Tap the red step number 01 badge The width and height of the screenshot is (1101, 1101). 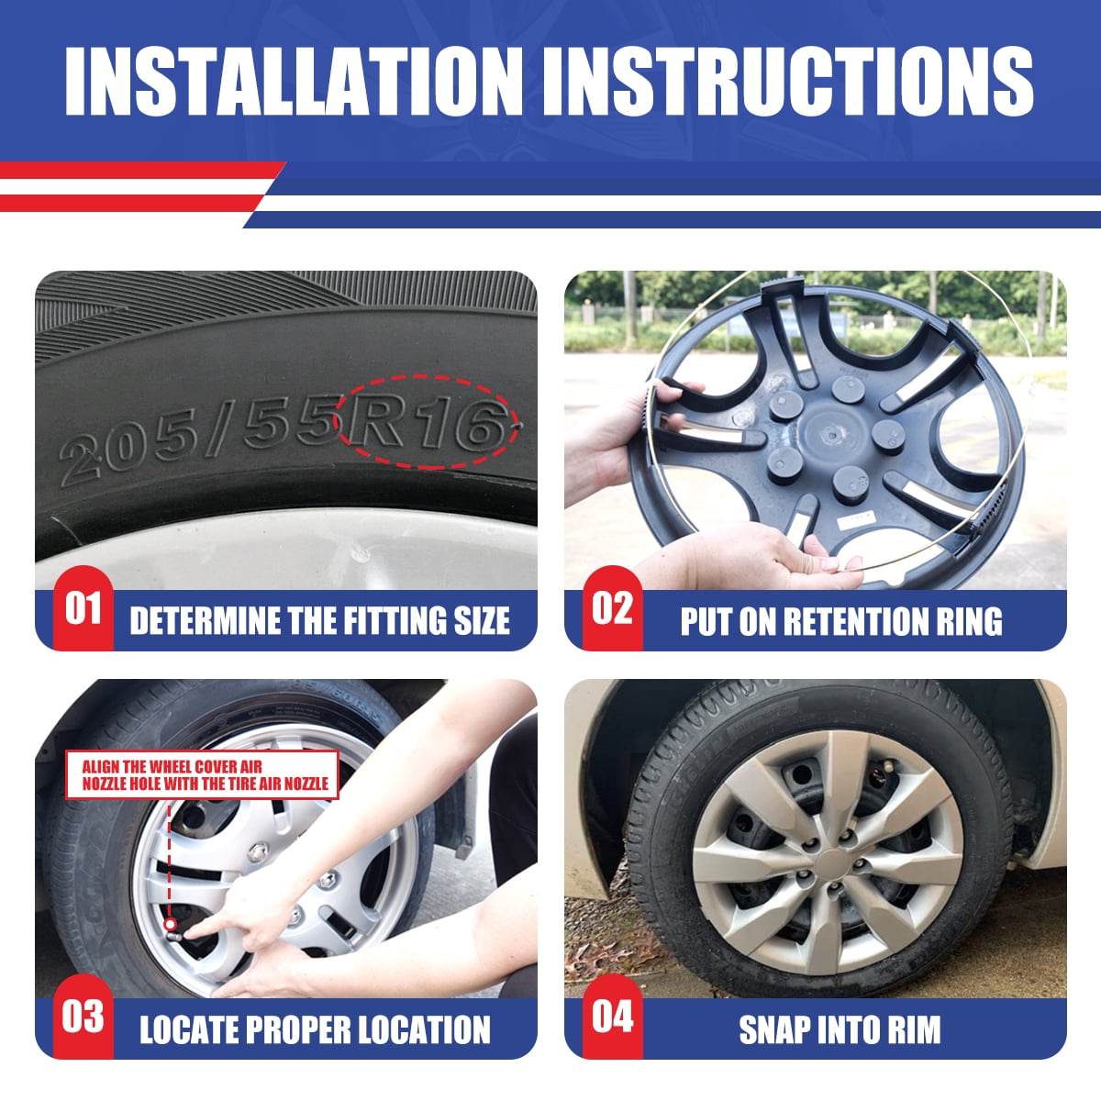click(83, 607)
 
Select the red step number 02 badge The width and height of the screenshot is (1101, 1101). click(613, 607)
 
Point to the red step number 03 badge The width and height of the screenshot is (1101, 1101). click(83, 1017)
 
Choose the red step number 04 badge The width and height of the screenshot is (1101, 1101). click(613, 1017)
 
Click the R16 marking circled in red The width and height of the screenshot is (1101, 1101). click(428, 423)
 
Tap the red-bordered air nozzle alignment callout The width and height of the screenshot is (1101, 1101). click(202, 774)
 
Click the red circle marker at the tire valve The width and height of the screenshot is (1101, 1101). click(169, 924)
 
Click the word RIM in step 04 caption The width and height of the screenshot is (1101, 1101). click(912, 1029)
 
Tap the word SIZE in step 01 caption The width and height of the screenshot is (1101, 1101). click(482, 621)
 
